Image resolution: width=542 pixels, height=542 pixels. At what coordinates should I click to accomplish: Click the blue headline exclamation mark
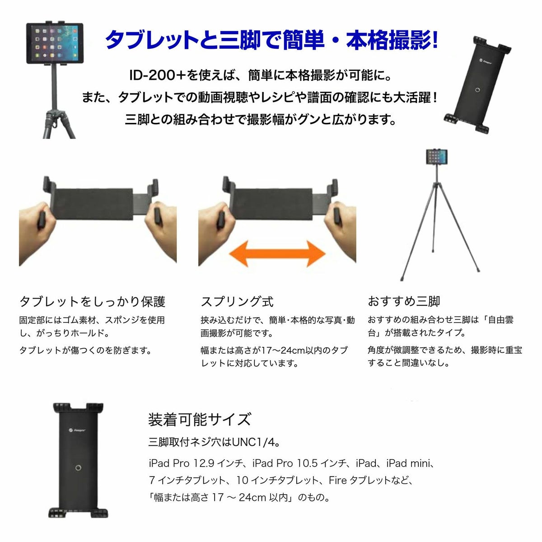pyautogui.click(x=435, y=40)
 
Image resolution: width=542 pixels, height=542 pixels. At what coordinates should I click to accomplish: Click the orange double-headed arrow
pyautogui.click(x=277, y=253)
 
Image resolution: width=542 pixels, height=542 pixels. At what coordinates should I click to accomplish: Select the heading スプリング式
pyautogui.click(x=237, y=302)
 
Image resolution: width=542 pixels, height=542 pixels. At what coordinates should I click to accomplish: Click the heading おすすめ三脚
pyautogui.click(x=404, y=301)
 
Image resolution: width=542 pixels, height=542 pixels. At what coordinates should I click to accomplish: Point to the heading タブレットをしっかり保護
pyautogui.click(x=92, y=302)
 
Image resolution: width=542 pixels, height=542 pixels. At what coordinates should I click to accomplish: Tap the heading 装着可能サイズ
pyautogui.click(x=200, y=419)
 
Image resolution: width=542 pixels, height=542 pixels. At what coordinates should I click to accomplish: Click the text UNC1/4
pyautogui.click(x=253, y=443)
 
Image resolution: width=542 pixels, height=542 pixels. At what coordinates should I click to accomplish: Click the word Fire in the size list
pyautogui.click(x=337, y=481)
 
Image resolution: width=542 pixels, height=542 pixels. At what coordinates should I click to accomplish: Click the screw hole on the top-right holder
pyautogui.click(x=477, y=90)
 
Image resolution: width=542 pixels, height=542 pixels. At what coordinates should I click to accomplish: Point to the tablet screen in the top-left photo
pyautogui.click(x=55, y=43)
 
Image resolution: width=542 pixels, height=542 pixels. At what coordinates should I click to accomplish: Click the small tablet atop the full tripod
pyautogui.click(x=436, y=157)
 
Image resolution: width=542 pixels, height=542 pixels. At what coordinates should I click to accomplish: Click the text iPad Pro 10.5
pyautogui.click(x=285, y=463)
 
